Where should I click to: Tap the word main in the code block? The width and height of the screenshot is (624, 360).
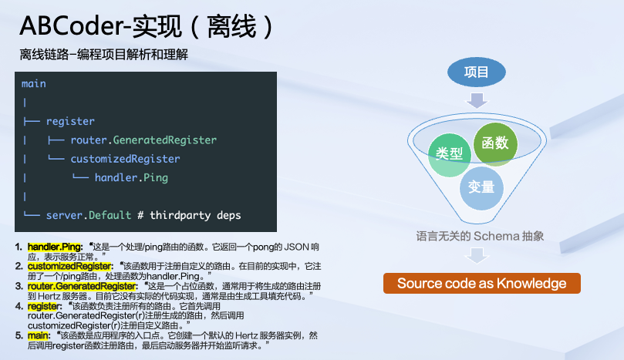34,83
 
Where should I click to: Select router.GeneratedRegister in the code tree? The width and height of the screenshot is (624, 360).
143,140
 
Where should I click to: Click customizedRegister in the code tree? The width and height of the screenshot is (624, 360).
125,159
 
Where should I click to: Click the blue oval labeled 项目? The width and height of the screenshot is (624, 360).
477,72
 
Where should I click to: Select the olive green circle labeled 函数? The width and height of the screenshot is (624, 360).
495,143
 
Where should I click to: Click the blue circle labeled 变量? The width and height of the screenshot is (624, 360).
481,186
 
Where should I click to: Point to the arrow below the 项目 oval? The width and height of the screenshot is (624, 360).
477,99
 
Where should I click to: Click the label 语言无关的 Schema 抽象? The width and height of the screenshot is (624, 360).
480,236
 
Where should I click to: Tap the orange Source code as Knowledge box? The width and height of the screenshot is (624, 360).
481,284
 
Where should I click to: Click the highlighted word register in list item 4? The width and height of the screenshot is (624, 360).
43,306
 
